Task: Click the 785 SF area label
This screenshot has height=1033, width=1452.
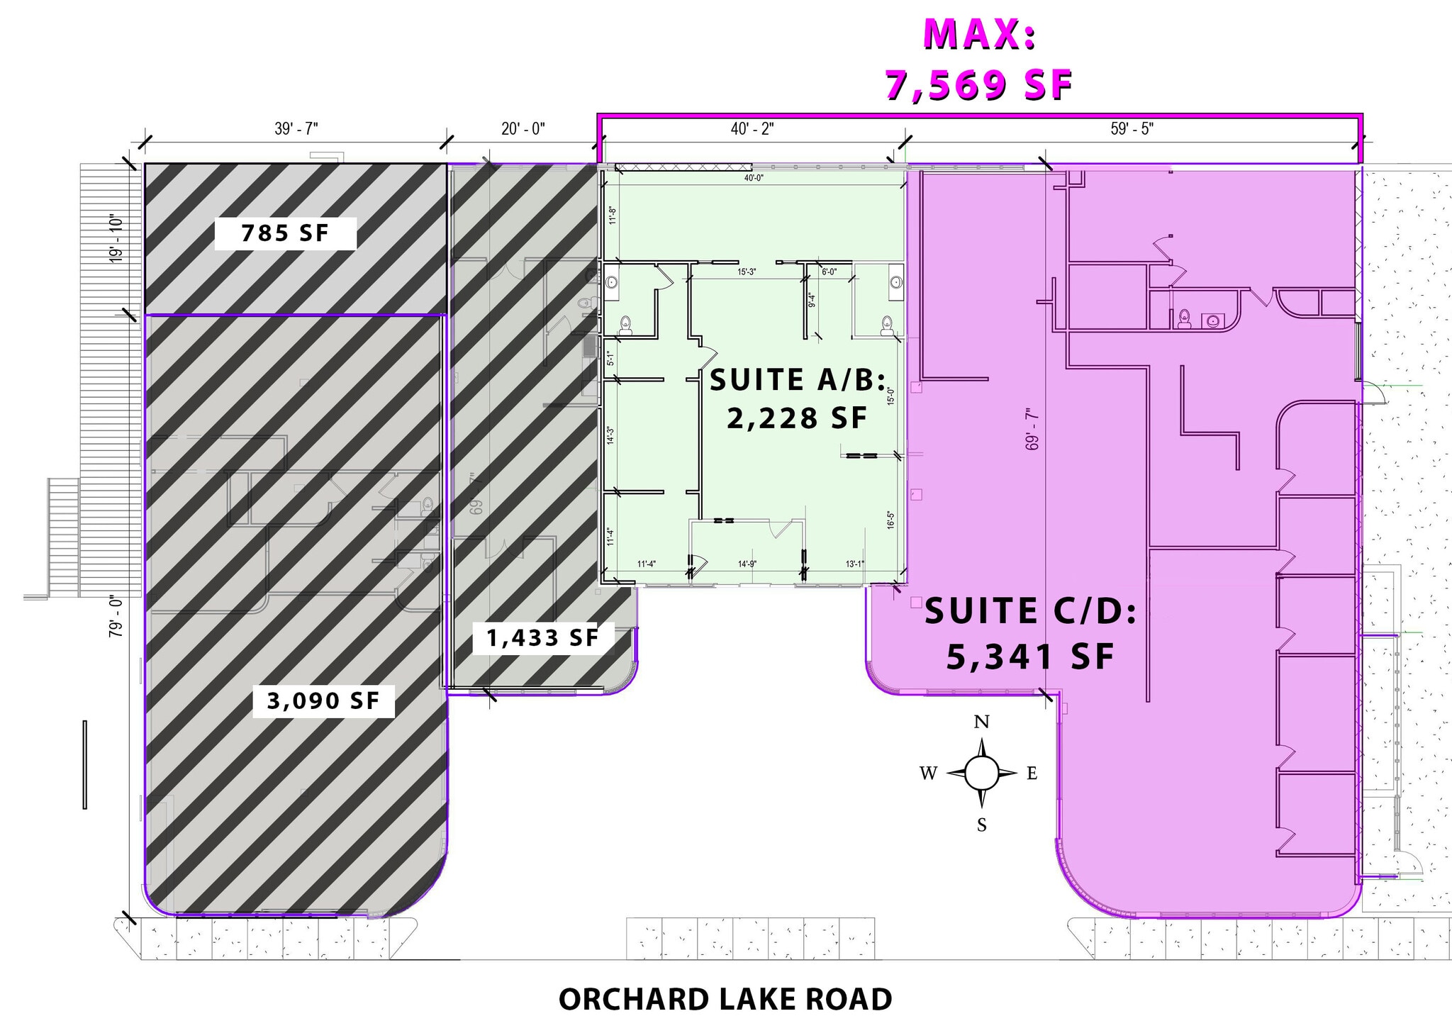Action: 285,233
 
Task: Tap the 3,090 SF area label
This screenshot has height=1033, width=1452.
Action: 323,701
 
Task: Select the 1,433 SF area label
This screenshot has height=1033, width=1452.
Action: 542,638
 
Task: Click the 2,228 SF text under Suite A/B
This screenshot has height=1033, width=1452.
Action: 797,418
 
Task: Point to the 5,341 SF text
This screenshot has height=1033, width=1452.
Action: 1030,657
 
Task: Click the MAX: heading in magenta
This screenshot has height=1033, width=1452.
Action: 979,34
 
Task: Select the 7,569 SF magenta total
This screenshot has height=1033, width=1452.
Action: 979,85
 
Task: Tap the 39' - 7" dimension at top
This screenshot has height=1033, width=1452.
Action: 296,129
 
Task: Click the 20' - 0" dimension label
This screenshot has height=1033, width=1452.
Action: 523,129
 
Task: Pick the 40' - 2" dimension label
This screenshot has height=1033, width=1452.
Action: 752,129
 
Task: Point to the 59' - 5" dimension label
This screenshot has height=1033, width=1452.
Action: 1132,129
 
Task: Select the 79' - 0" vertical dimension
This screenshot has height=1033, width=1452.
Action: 116,618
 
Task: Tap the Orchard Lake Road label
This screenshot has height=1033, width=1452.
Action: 725,1000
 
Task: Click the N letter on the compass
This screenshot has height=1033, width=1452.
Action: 981,722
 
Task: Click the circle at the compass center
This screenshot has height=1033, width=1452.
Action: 982,773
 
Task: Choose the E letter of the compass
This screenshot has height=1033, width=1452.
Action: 1032,774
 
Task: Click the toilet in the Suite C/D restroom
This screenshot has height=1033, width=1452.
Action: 1184,318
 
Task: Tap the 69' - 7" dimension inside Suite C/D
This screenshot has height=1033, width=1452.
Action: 1032,429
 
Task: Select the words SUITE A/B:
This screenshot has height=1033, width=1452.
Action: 798,381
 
